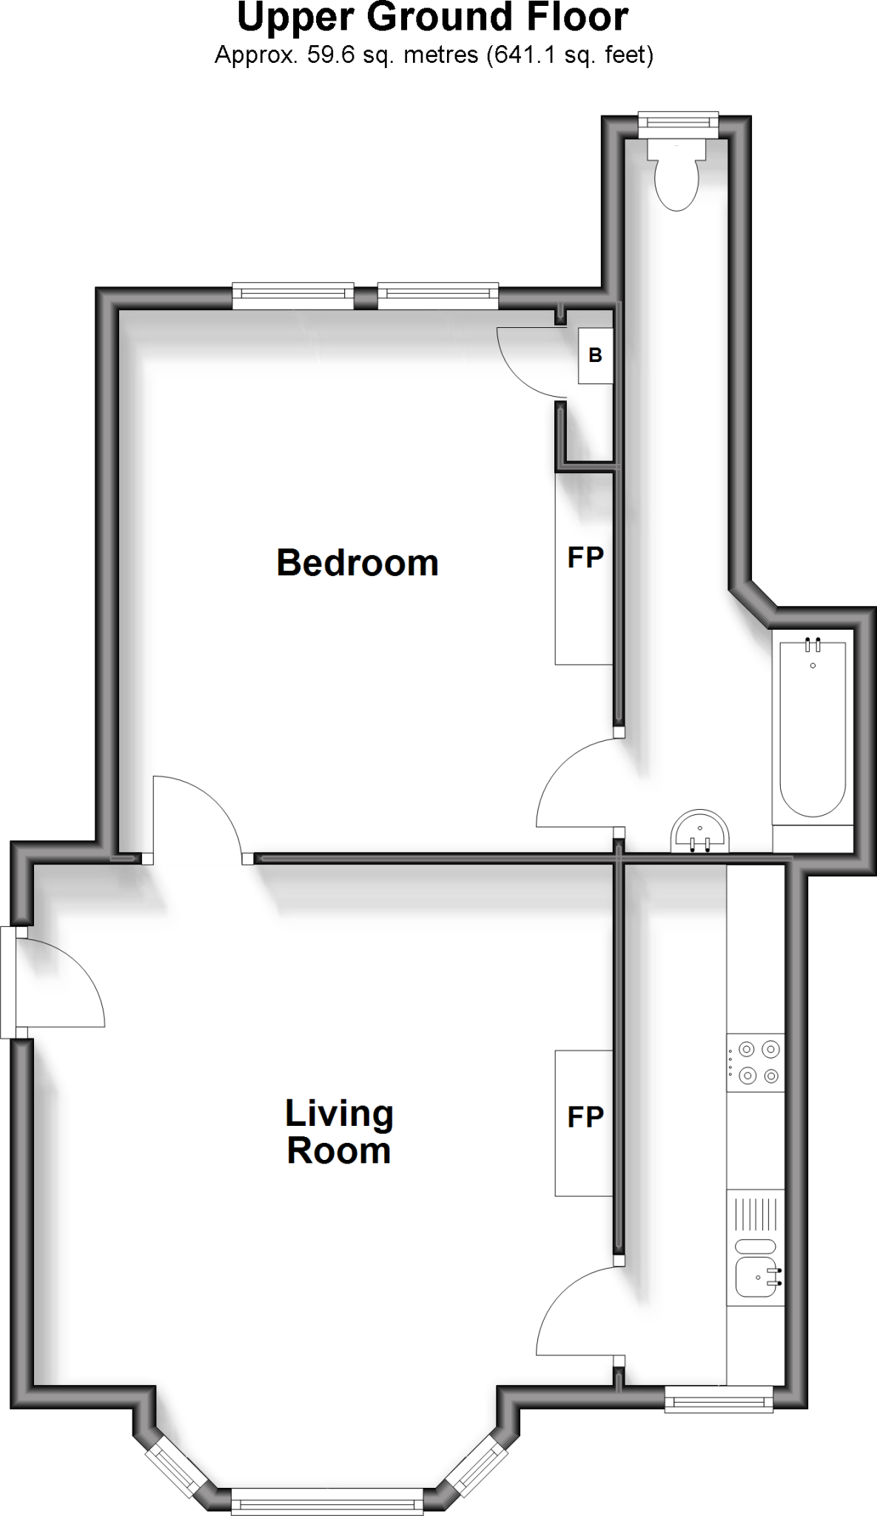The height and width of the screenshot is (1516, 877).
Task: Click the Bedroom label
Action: tap(357, 563)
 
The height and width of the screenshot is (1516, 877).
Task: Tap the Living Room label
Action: tap(339, 1133)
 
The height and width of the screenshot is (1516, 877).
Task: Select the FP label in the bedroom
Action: tap(585, 557)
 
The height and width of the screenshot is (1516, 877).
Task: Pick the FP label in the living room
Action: tap(585, 1117)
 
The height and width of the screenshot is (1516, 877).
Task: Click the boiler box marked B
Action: tap(595, 356)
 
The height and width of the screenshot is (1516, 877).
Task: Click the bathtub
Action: tap(812, 729)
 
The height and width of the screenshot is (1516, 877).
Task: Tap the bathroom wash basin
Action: tap(699, 832)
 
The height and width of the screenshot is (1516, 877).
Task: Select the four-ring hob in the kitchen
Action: tap(756, 1062)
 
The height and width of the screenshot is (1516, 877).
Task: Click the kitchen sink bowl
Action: tap(755, 1277)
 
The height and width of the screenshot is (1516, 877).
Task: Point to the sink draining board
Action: tap(756, 1214)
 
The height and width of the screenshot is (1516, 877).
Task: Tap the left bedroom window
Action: tap(293, 295)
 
